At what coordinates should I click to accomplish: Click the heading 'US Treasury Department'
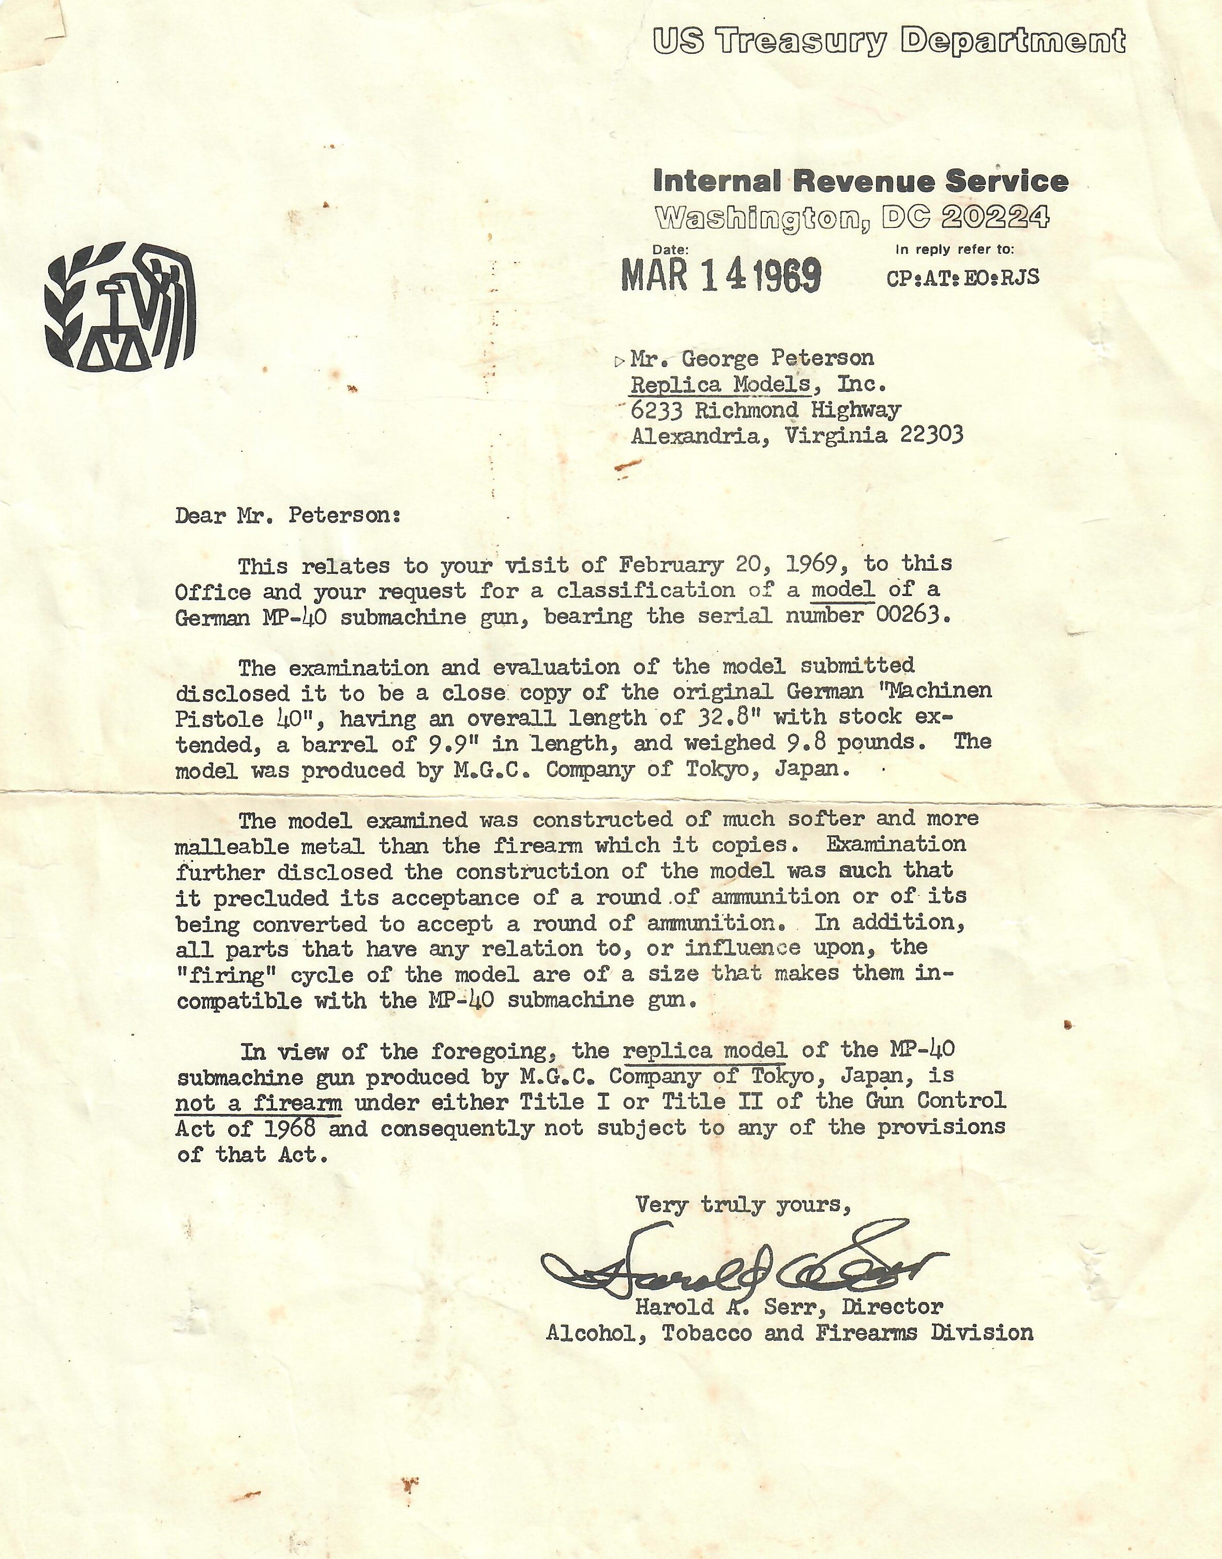point(888,41)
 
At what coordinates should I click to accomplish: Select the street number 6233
point(657,410)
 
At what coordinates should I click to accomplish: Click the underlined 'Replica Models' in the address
point(720,384)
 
